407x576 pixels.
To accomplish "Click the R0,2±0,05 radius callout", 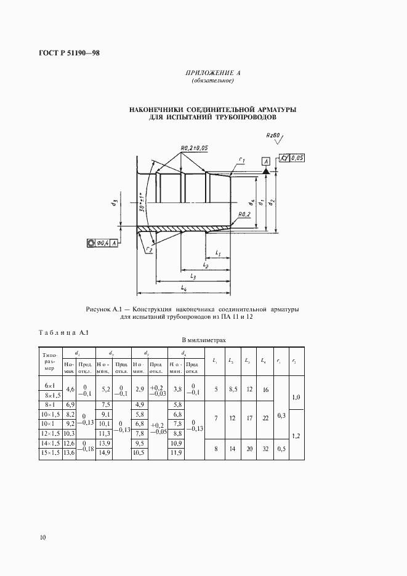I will [x=195, y=148].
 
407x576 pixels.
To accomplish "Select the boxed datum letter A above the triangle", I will [x=266, y=161].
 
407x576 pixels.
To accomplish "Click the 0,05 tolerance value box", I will [x=296, y=158].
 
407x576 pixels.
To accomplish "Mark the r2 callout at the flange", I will [x=148, y=250].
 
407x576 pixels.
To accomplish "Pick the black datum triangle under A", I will [x=266, y=170].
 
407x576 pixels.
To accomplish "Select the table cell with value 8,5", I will [x=230, y=389].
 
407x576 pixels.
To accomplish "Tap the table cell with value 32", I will [x=264, y=449].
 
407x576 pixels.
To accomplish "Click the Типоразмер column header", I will [x=50, y=361].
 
